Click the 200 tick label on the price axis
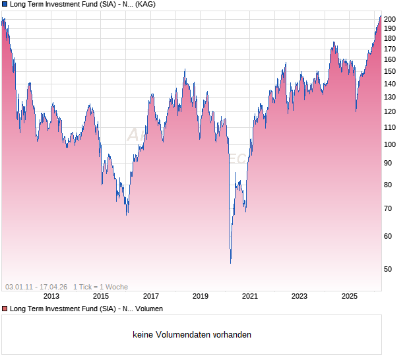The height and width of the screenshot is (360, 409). coord(389,19)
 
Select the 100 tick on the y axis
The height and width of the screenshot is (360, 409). coord(389,144)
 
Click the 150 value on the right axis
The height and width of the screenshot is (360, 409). coord(389,71)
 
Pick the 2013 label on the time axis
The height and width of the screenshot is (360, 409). coord(51,296)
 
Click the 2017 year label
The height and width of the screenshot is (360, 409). coord(151,296)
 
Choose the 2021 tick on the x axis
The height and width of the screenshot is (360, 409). coord(250,296)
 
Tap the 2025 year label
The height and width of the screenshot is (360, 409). coord(350,296)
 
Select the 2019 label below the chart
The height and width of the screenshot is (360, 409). coord(201,296)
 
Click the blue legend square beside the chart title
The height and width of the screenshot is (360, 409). coord(5,5)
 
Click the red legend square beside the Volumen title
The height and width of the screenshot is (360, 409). coord(5,309)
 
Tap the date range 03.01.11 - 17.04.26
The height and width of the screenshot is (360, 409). coord(36,287)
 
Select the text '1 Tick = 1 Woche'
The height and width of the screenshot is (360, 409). coord(100,287)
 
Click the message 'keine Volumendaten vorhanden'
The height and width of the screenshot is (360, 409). coord(192,335)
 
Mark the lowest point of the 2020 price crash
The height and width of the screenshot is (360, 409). coord(230,263)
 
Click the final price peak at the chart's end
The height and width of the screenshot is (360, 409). coord(381,16)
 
